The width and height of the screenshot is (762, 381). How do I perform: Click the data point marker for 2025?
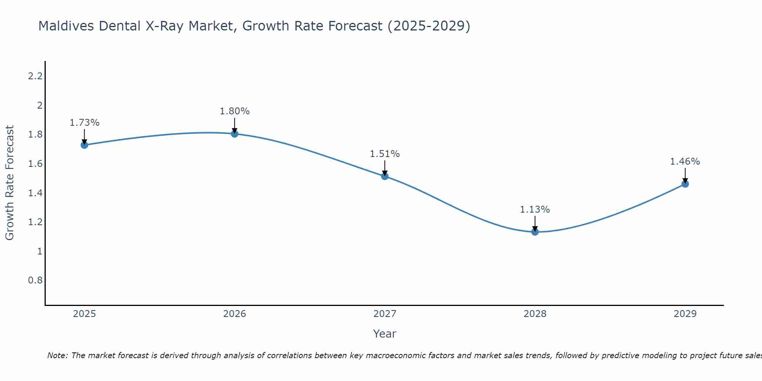coord(84,145)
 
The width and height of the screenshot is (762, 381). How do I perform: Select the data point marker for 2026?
coord(234,134)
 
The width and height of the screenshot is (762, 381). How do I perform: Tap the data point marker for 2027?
coord(384,176)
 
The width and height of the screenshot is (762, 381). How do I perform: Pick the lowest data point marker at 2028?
coord(535,232)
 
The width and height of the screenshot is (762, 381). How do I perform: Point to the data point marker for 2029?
coord(685,184)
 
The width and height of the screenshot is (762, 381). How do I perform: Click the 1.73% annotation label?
coord(84,123)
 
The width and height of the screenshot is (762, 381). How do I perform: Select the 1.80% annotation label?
coord(234,111)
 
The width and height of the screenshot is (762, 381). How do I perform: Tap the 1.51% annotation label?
coord(384,154)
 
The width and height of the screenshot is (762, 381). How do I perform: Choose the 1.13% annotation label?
coord(535,210)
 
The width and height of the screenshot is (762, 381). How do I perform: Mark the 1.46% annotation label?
coord(685,162)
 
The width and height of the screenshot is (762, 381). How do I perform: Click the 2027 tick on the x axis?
coord(384,314)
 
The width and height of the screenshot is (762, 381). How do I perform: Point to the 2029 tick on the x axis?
coord(685,314)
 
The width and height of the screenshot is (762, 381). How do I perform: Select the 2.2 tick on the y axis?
coord(35,76)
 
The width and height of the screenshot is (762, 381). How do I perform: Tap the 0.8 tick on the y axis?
coord(35,280)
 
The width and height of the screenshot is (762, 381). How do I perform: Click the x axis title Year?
coord(384,334)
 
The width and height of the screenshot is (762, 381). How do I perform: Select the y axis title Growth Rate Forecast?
coord(10,183)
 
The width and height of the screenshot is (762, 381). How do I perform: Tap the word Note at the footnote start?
coord(57,355)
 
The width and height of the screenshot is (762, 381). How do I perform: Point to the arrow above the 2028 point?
coord(535,223)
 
